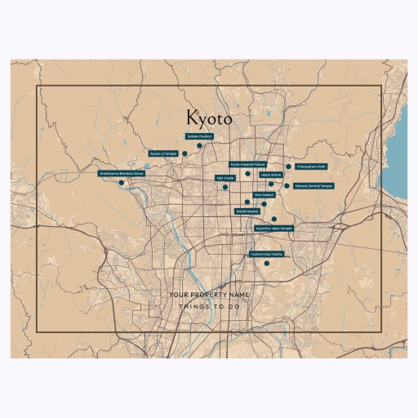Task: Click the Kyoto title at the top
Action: pos(208,118)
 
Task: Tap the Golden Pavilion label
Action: pos(199,136)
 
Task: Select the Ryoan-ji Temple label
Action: pos(162,153)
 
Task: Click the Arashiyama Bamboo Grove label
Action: pos(122,173)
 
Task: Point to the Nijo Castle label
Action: pos(225,177)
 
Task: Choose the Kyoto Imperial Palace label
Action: pos(247,164)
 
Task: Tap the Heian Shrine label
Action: pos(271,175)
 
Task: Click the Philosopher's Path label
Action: pos(310,166)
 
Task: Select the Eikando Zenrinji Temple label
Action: pos(313,185)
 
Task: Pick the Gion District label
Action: pos(265,195)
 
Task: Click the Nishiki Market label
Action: pos(247,211)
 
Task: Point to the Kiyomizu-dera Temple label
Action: pos(273,229)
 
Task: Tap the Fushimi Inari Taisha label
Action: pos(266,254)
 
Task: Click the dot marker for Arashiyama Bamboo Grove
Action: pos(122,183)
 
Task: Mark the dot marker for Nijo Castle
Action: pos(225,187)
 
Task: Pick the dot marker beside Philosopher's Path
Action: pos(288,167)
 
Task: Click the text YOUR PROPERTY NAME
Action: pos(208,294)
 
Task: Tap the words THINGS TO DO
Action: pos(208,307)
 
